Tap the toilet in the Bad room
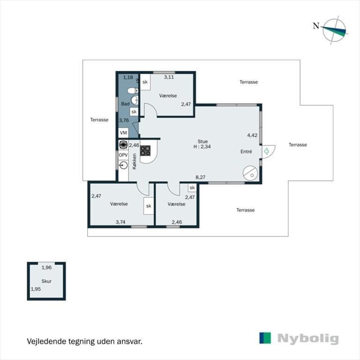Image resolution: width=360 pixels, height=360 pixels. (133, 90)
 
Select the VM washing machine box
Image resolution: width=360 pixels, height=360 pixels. (124, 133)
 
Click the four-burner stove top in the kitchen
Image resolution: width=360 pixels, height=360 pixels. (146, 150)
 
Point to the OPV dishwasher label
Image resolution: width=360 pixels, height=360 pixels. (123, 155)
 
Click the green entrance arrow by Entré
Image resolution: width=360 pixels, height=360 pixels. (267, 151)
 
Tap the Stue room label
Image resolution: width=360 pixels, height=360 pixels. (202, 142)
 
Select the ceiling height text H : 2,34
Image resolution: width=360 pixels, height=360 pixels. (202, 146)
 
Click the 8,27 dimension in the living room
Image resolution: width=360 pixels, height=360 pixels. (201, 177)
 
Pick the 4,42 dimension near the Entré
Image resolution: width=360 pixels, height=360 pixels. (252, 135)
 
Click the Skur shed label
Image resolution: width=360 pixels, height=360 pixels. (46, 281)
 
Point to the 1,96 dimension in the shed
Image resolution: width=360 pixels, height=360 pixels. (46, 268)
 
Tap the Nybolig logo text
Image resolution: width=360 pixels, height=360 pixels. (308, 339)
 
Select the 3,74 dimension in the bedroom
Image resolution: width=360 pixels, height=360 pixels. (120, 222)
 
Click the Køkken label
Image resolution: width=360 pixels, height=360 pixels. (135, 161)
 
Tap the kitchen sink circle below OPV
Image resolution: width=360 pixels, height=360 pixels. (124, 165)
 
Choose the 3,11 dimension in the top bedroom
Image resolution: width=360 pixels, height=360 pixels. (169, 77)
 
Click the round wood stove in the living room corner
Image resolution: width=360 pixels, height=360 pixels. (250, 173)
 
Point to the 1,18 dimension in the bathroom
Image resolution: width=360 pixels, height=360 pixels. (128, 77)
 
